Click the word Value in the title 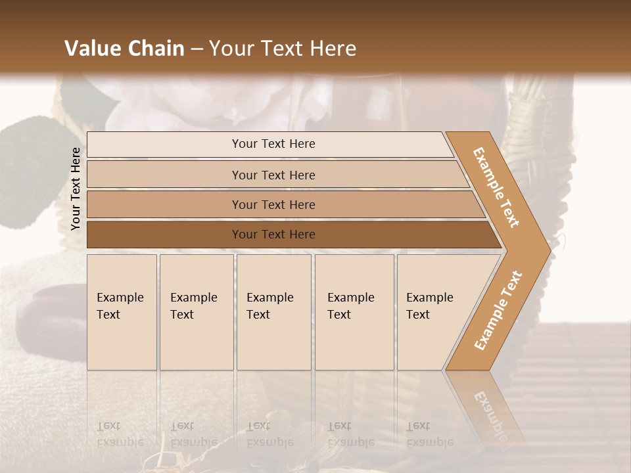(91, 49)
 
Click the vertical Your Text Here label (76, 189)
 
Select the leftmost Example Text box (122, 312)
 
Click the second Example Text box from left (196, 312)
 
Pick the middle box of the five (273, 312)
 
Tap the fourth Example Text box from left (354, 312)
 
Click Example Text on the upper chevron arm (496, 187)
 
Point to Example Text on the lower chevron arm (498, 310)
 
